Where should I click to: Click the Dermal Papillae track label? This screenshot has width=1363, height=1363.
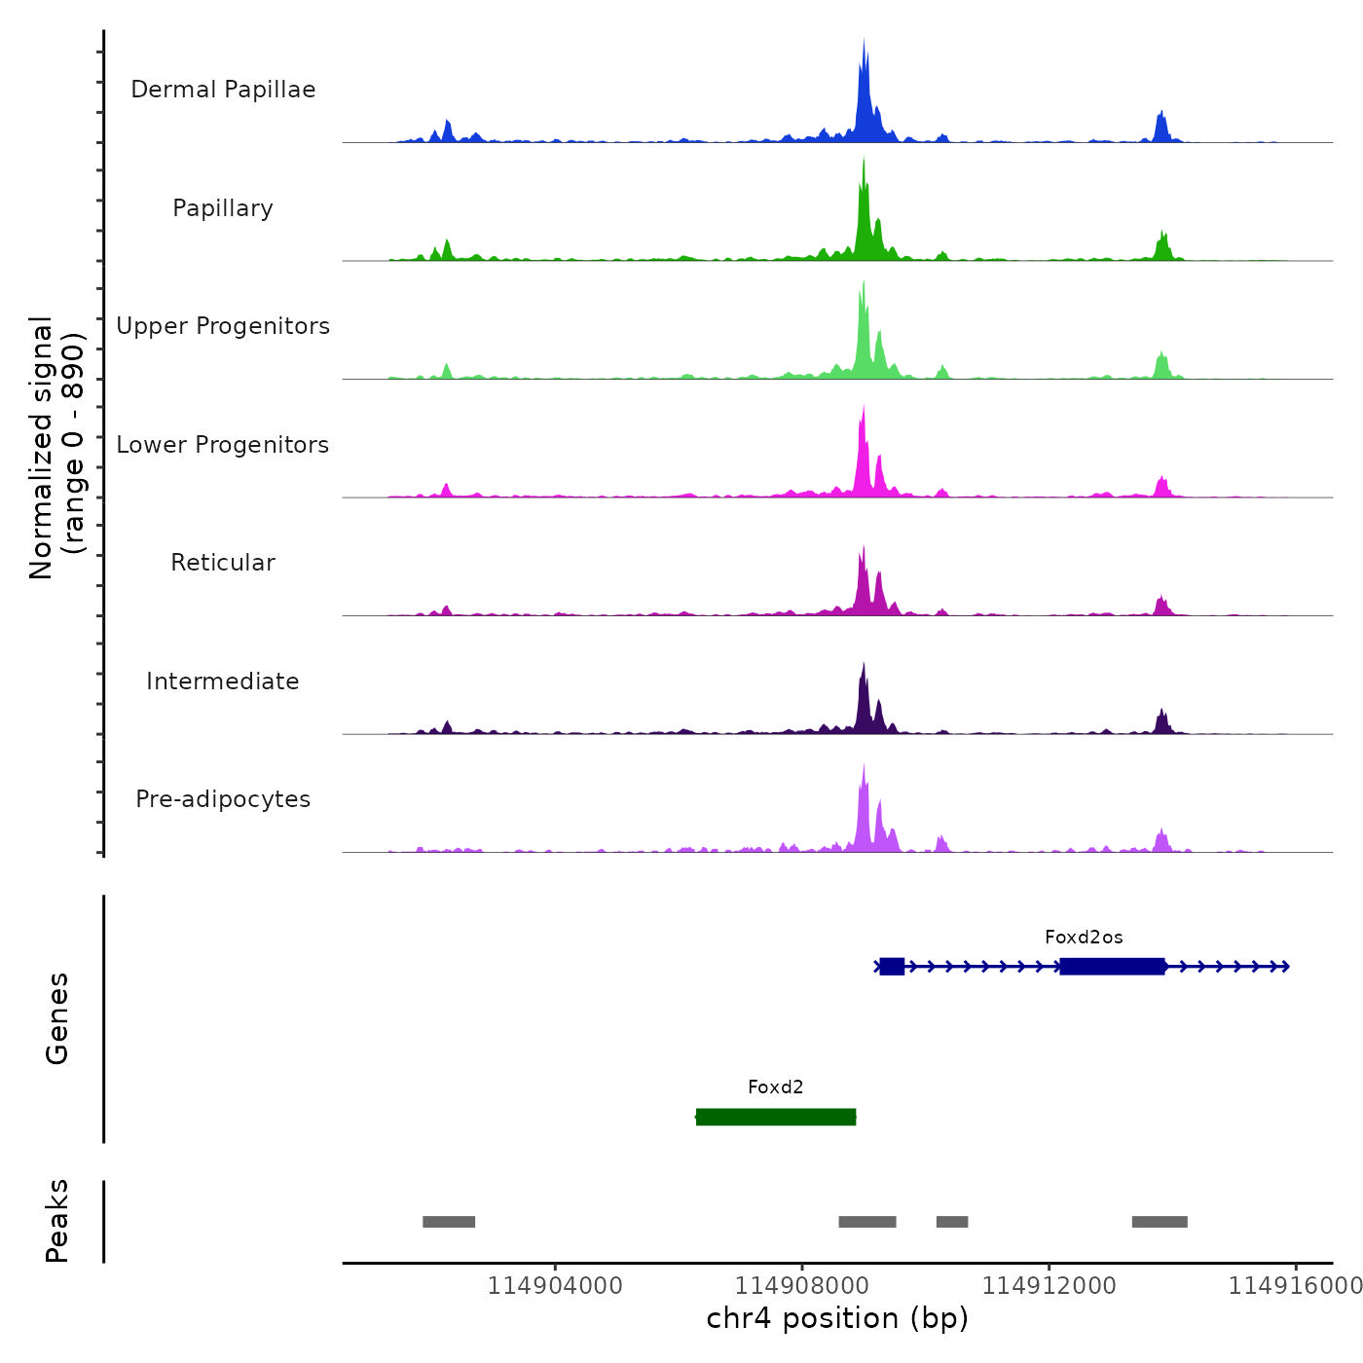(x=223, y=90)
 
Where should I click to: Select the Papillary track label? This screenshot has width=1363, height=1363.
(x=223, y=208)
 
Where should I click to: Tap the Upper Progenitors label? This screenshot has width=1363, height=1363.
(x=223, y=326)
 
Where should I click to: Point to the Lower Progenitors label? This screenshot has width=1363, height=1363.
(x=223, y=445)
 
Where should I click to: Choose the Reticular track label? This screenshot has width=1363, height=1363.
(x=223, y=563)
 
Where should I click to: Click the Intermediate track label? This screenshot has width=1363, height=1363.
(x=223, y=681)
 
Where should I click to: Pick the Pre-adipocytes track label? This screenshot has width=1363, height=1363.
(x=223, y=799)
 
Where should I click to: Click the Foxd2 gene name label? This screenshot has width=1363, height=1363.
(x=776, y=1087)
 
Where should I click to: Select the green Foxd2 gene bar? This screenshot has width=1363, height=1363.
(x=776, y=1117)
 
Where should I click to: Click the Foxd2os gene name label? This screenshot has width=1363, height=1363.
(x=1084, y=938)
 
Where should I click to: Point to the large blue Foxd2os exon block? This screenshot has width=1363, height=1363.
(x=1112, y=966)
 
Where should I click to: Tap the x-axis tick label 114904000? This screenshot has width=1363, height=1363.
(x=555, y=1285)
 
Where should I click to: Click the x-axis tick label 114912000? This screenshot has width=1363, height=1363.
(x=1049, y=1285)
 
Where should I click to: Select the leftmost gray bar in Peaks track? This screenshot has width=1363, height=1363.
(x=449, y=1222)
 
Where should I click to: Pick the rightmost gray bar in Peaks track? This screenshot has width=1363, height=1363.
(x=1160, y=1222)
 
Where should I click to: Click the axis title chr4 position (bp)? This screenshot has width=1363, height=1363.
(x=837, y=1318)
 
